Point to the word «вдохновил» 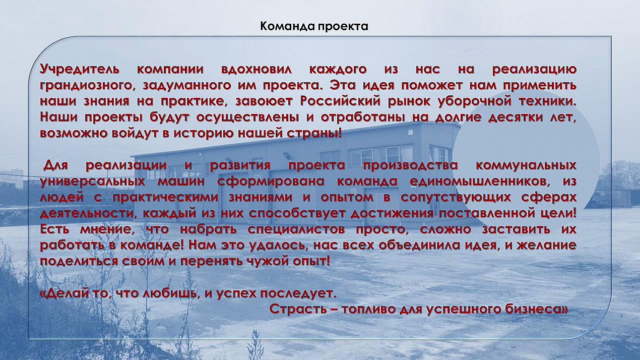point(257,70)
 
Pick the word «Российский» point(340,101)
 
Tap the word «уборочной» point(471,102)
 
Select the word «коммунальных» point(526,166)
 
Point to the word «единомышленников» point(480,182)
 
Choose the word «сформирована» point(271,182)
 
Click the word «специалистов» point(296,230)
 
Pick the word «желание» point(545,246)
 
